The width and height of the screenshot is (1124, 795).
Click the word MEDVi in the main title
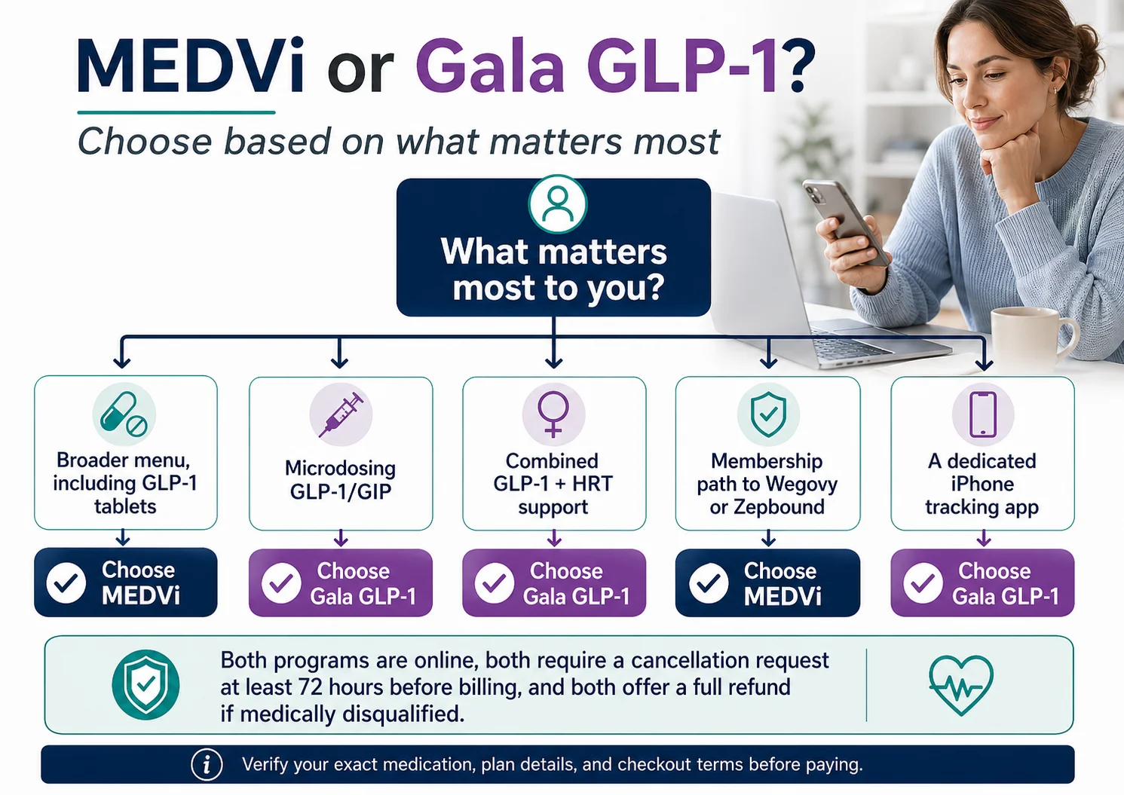coord(191,68)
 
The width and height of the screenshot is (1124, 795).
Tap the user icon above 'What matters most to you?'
coord(557,203)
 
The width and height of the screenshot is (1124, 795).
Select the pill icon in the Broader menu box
coord(124,414)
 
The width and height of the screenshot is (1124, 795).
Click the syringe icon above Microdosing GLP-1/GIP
coord(341,414)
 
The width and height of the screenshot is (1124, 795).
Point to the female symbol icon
coord(553,414)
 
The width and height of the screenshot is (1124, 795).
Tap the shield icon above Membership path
coord(768,414)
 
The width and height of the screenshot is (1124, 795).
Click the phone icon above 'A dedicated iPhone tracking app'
coord(983,414)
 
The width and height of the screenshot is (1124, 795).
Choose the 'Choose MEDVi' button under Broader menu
coord(126,582)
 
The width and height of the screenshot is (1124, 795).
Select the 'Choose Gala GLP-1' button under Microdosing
coord(341,583)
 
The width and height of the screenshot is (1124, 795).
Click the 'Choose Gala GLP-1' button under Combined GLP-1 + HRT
coord(554,583)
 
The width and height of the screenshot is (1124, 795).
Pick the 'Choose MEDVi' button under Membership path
coord(767,583)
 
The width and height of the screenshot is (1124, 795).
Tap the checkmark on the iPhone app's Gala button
coord(923,583)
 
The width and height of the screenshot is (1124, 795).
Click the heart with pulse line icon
coord(961,684)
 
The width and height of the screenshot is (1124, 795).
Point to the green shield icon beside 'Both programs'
coord(145,684)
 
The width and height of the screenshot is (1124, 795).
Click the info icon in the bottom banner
coord(207,765)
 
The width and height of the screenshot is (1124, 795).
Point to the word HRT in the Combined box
coord(593,484)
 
